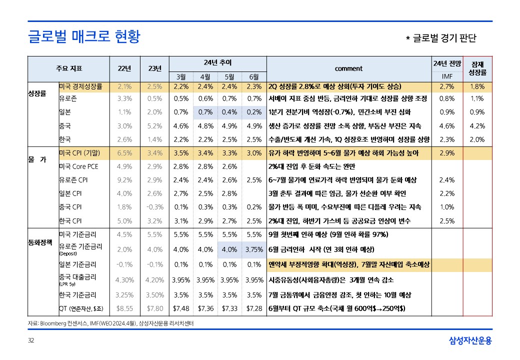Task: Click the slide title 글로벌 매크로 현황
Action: pyautogui.click(x=84, y=36)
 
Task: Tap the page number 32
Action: pyautogui.click(x=31, y=341)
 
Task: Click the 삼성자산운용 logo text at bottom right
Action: pyautogui.click(x=470, y=341)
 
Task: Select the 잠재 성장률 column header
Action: pyautogui.click(x=477, y=68)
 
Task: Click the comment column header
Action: pyautogui.click(x=348, y=68)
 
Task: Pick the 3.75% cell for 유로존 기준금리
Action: pyautogui.click(x=254, y=249)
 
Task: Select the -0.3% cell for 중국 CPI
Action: pyautogui.click(x=154, y=207)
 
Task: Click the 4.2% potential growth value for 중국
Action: pyautogui.click(x=477, y=126)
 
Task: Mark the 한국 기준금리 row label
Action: pyautogui.click(x=77, y=295)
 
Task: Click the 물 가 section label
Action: pyautogui.click(x=36, y=160)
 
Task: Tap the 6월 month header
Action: pyautogui.click(x=254, y=77)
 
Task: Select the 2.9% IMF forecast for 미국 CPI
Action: pyautogui.click(x=446, y=153)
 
